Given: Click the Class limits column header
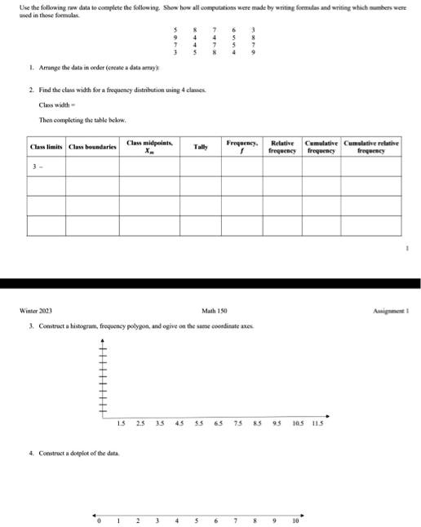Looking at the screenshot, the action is tap(46, 147).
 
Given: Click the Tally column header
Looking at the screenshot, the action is tap(200, 147).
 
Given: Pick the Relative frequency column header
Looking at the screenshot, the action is tap(282, 147).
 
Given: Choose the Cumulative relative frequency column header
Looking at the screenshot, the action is tap(371, 147).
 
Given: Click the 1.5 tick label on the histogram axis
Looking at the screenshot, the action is tap(122, 423).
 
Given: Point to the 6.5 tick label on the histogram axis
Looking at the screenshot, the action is tap(218, 423).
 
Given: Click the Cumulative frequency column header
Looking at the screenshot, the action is tap(321, 147).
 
